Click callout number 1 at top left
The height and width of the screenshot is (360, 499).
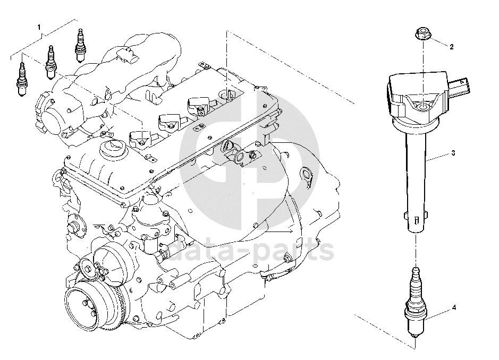(x=39, y=28)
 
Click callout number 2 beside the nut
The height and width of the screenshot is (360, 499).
(x=451, y=47)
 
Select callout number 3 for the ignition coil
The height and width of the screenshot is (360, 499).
(x=453, y=153)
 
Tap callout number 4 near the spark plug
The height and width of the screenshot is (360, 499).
(x=454, y=307)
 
